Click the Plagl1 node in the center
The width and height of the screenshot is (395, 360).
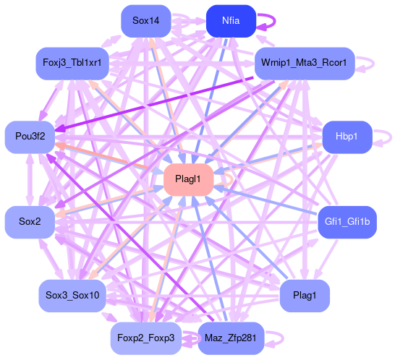tap(188, 179)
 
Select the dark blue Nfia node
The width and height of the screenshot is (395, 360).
tap(231, 21)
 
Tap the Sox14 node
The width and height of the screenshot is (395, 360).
tap(146, 21)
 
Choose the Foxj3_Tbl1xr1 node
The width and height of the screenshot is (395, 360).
tap(72, 63)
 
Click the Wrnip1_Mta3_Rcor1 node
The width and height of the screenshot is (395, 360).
tap(305, 63)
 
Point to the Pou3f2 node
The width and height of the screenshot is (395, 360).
tap(30, 137)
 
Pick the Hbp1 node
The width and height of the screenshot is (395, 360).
tap(347, 137)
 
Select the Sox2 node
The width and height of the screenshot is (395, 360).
tap(30, 222)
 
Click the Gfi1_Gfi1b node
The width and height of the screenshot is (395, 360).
tap(347, 222)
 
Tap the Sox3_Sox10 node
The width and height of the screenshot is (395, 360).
tap(72, 295)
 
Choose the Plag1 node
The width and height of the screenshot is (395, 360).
tap(305, 295)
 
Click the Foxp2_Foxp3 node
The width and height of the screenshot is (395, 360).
tap(146, 338)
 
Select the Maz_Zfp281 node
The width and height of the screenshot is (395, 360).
tap(231, 338)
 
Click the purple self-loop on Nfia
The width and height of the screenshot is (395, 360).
tap(275, 21)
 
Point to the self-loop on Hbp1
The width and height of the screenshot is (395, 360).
tap(391, 137)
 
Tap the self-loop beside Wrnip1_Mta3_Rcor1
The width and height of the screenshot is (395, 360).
tap(373, 64)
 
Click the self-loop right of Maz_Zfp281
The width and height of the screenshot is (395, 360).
tap(283, 338)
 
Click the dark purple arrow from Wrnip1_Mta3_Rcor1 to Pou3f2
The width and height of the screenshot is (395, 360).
tap(154, 104)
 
